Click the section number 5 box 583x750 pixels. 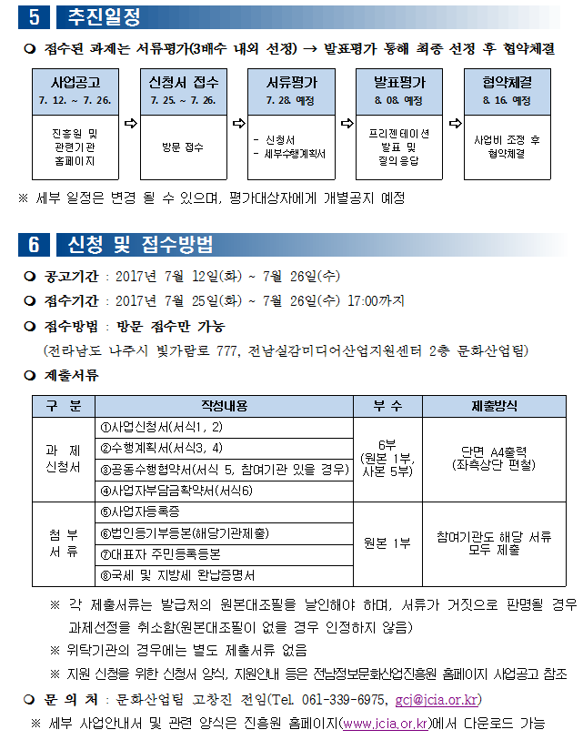[x=34, y=16]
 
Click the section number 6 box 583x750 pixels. [x=34, y=244]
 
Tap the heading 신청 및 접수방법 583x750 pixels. [x=140, y=244]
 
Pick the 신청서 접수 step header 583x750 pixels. [x=183, y=90]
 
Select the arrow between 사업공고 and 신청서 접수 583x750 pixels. [x=128, y=121]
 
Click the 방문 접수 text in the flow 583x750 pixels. [x=183, y=147]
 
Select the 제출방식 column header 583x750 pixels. [x=494, y=406]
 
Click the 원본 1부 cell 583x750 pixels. [x=387, y=543]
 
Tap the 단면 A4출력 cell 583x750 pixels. [x=494, y=459]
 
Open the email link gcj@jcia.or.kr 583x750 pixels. [x=436, y=700]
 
